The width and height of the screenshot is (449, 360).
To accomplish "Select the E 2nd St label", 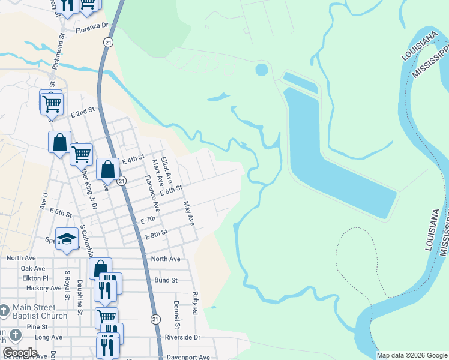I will (83, 112).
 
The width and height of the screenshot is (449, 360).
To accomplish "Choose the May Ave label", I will (190, 214).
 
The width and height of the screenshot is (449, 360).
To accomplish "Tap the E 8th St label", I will (156, 234).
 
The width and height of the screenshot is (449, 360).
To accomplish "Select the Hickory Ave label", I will (44, 288).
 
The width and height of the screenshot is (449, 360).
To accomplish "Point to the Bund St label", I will (166, 280).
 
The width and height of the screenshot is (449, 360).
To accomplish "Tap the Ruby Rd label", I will (195, 303).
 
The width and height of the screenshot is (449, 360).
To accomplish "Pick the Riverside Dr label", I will (183, 337).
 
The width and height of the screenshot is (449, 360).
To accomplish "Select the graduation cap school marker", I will (67, 238).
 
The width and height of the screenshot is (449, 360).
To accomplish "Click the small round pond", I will (262, 70).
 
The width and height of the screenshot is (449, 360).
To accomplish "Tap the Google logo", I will (20, 353).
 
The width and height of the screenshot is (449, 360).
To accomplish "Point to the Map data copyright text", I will (411, 355).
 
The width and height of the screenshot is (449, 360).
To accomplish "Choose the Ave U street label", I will (44, 201).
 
